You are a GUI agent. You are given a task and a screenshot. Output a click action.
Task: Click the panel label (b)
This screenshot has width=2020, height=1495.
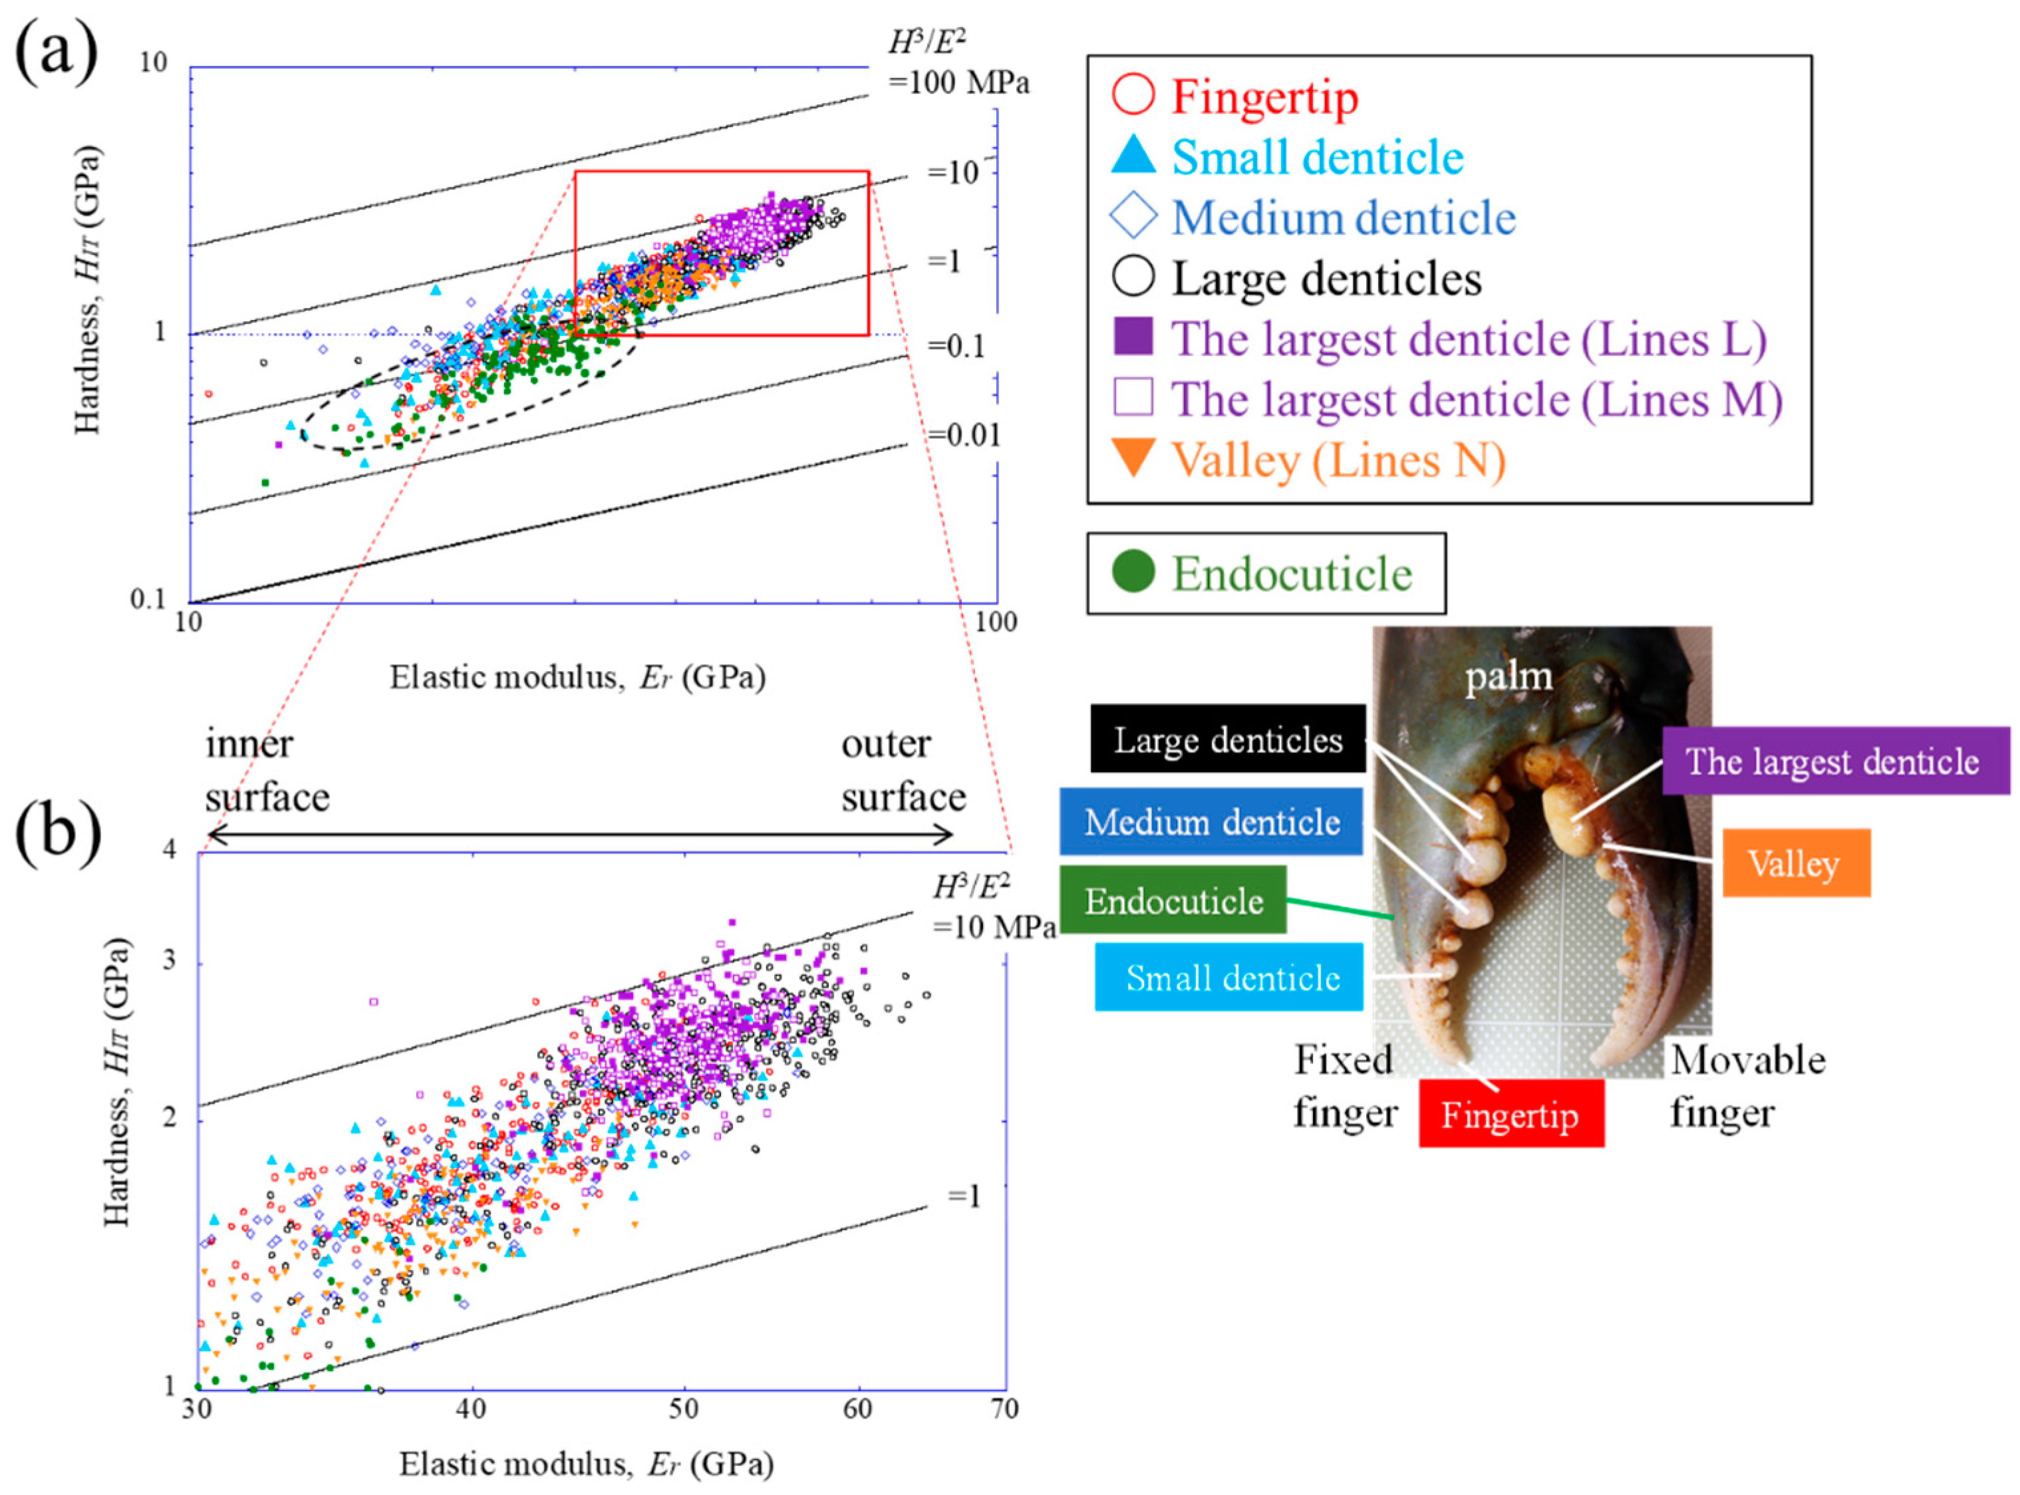click(56, 833)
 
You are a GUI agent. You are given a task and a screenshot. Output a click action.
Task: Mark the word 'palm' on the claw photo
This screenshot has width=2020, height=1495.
click(1509, 676)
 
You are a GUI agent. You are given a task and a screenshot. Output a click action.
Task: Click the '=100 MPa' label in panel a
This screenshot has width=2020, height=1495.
click(958, 83)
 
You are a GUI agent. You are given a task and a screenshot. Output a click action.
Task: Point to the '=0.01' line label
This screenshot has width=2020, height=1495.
click(964, 436)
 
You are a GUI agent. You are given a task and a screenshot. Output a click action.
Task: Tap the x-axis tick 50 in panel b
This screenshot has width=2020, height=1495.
click(684, 1409)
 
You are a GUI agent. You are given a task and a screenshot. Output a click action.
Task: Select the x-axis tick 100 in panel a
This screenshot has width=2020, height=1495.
click(996, 622)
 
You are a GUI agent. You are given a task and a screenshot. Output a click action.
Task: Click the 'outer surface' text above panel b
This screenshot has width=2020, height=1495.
click(903, 770)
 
